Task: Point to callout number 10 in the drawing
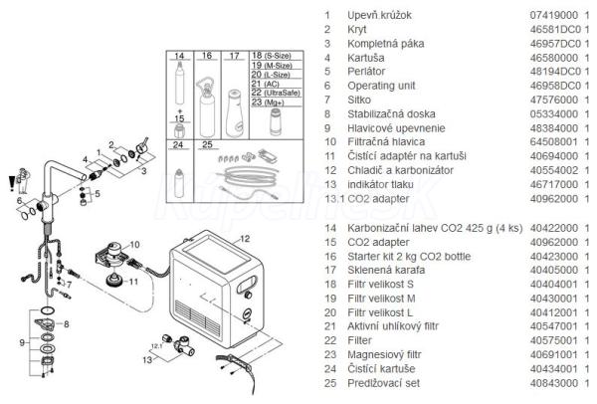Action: [x=135, y=243]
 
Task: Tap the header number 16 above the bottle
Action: [x=207, y=57]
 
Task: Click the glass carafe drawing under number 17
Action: [x=234, y=105]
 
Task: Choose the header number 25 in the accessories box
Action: [x=207, y=144]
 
